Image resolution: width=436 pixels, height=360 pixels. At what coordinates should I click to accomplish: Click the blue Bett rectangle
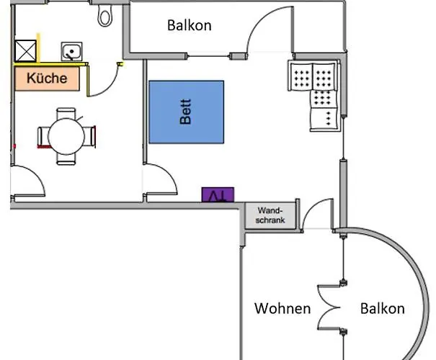click(186, 112)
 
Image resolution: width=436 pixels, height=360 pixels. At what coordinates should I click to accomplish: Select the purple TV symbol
click(218, 194)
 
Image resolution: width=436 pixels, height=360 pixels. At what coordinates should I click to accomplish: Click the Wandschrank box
click(270, 215)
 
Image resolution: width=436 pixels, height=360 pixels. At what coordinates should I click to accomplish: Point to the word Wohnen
click(282, 309)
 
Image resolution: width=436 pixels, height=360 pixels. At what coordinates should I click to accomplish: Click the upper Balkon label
click(189, 25)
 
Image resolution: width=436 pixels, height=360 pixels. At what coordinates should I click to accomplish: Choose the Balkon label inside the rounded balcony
click(382, 309)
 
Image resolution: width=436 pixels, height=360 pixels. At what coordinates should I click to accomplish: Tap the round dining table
click(66, 135)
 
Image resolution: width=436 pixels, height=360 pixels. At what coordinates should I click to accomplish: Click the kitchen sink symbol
click(71, 52)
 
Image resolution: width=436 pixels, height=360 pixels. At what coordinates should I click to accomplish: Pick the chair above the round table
click(66, 113)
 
